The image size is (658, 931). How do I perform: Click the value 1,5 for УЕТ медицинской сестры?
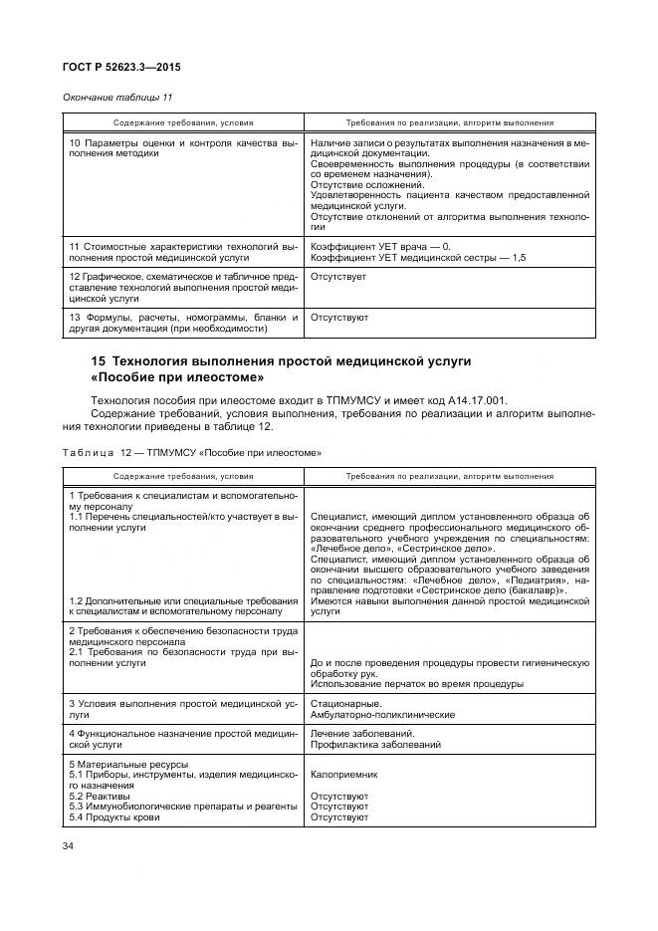518,258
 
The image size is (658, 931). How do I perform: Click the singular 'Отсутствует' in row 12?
338,275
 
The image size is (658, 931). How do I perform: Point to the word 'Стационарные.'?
342,703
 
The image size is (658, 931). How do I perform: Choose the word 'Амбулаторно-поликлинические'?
382,715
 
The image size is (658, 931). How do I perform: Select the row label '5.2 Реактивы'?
100,797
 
